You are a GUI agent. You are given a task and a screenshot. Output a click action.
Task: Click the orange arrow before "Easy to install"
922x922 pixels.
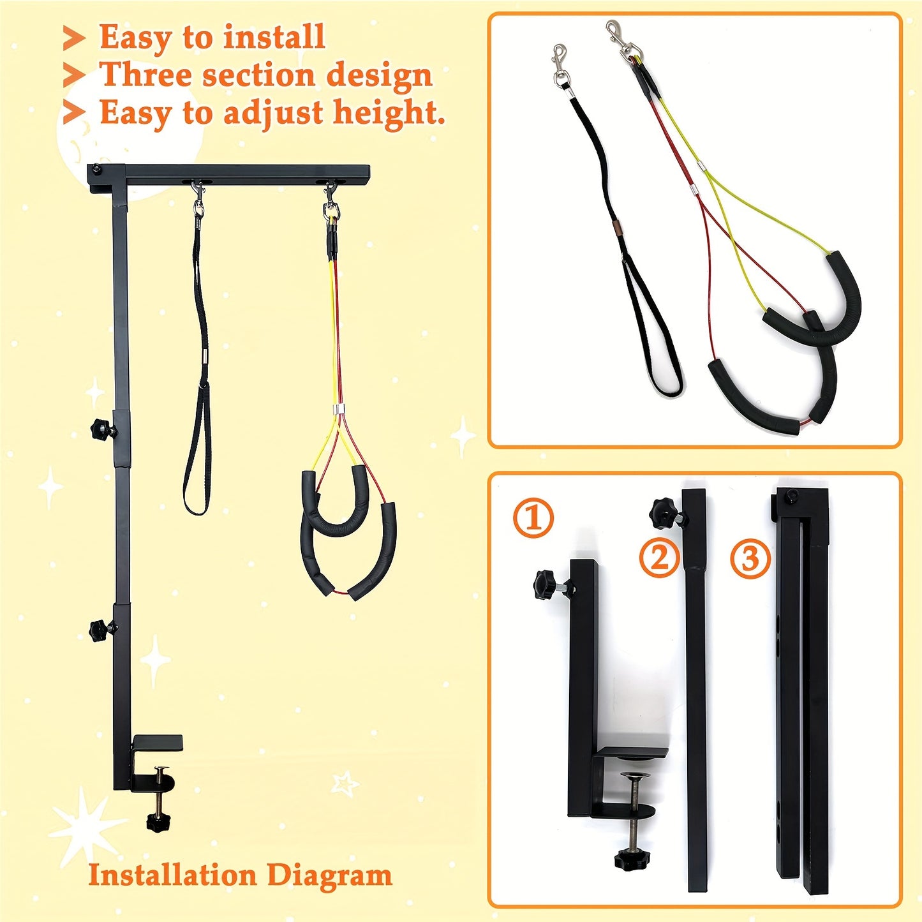(74, 38)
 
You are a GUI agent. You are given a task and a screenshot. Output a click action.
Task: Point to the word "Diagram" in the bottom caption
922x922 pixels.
(329, 875)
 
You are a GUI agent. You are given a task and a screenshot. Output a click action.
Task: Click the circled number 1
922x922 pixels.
(533, 517)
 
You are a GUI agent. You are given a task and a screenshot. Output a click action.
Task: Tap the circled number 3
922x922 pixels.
(750, 558)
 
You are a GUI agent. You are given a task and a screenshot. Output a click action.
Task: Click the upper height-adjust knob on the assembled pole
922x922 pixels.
(101, 428)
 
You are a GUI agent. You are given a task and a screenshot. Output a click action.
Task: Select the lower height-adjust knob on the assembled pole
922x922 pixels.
(100, 630)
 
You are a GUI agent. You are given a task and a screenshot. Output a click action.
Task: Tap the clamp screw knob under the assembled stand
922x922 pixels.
(158, 821)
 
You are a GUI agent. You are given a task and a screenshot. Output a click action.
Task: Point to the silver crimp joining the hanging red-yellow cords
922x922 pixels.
(338, 409)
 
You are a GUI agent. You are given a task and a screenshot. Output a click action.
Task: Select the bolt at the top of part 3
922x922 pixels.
(792, 496)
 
